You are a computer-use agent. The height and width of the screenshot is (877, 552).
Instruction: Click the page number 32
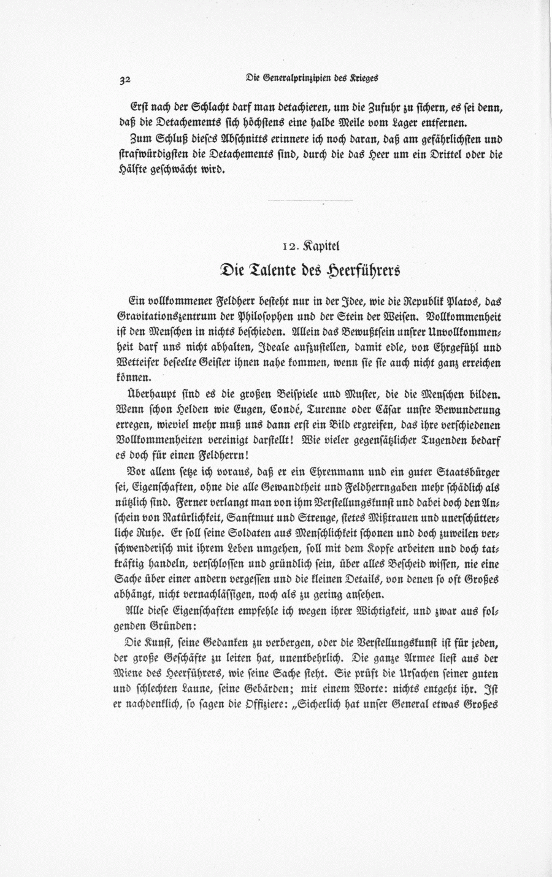[126, 79]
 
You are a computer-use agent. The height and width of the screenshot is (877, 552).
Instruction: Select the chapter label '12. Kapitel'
[310, 246]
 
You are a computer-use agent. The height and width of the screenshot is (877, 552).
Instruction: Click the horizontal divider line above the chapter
[310, 201]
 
